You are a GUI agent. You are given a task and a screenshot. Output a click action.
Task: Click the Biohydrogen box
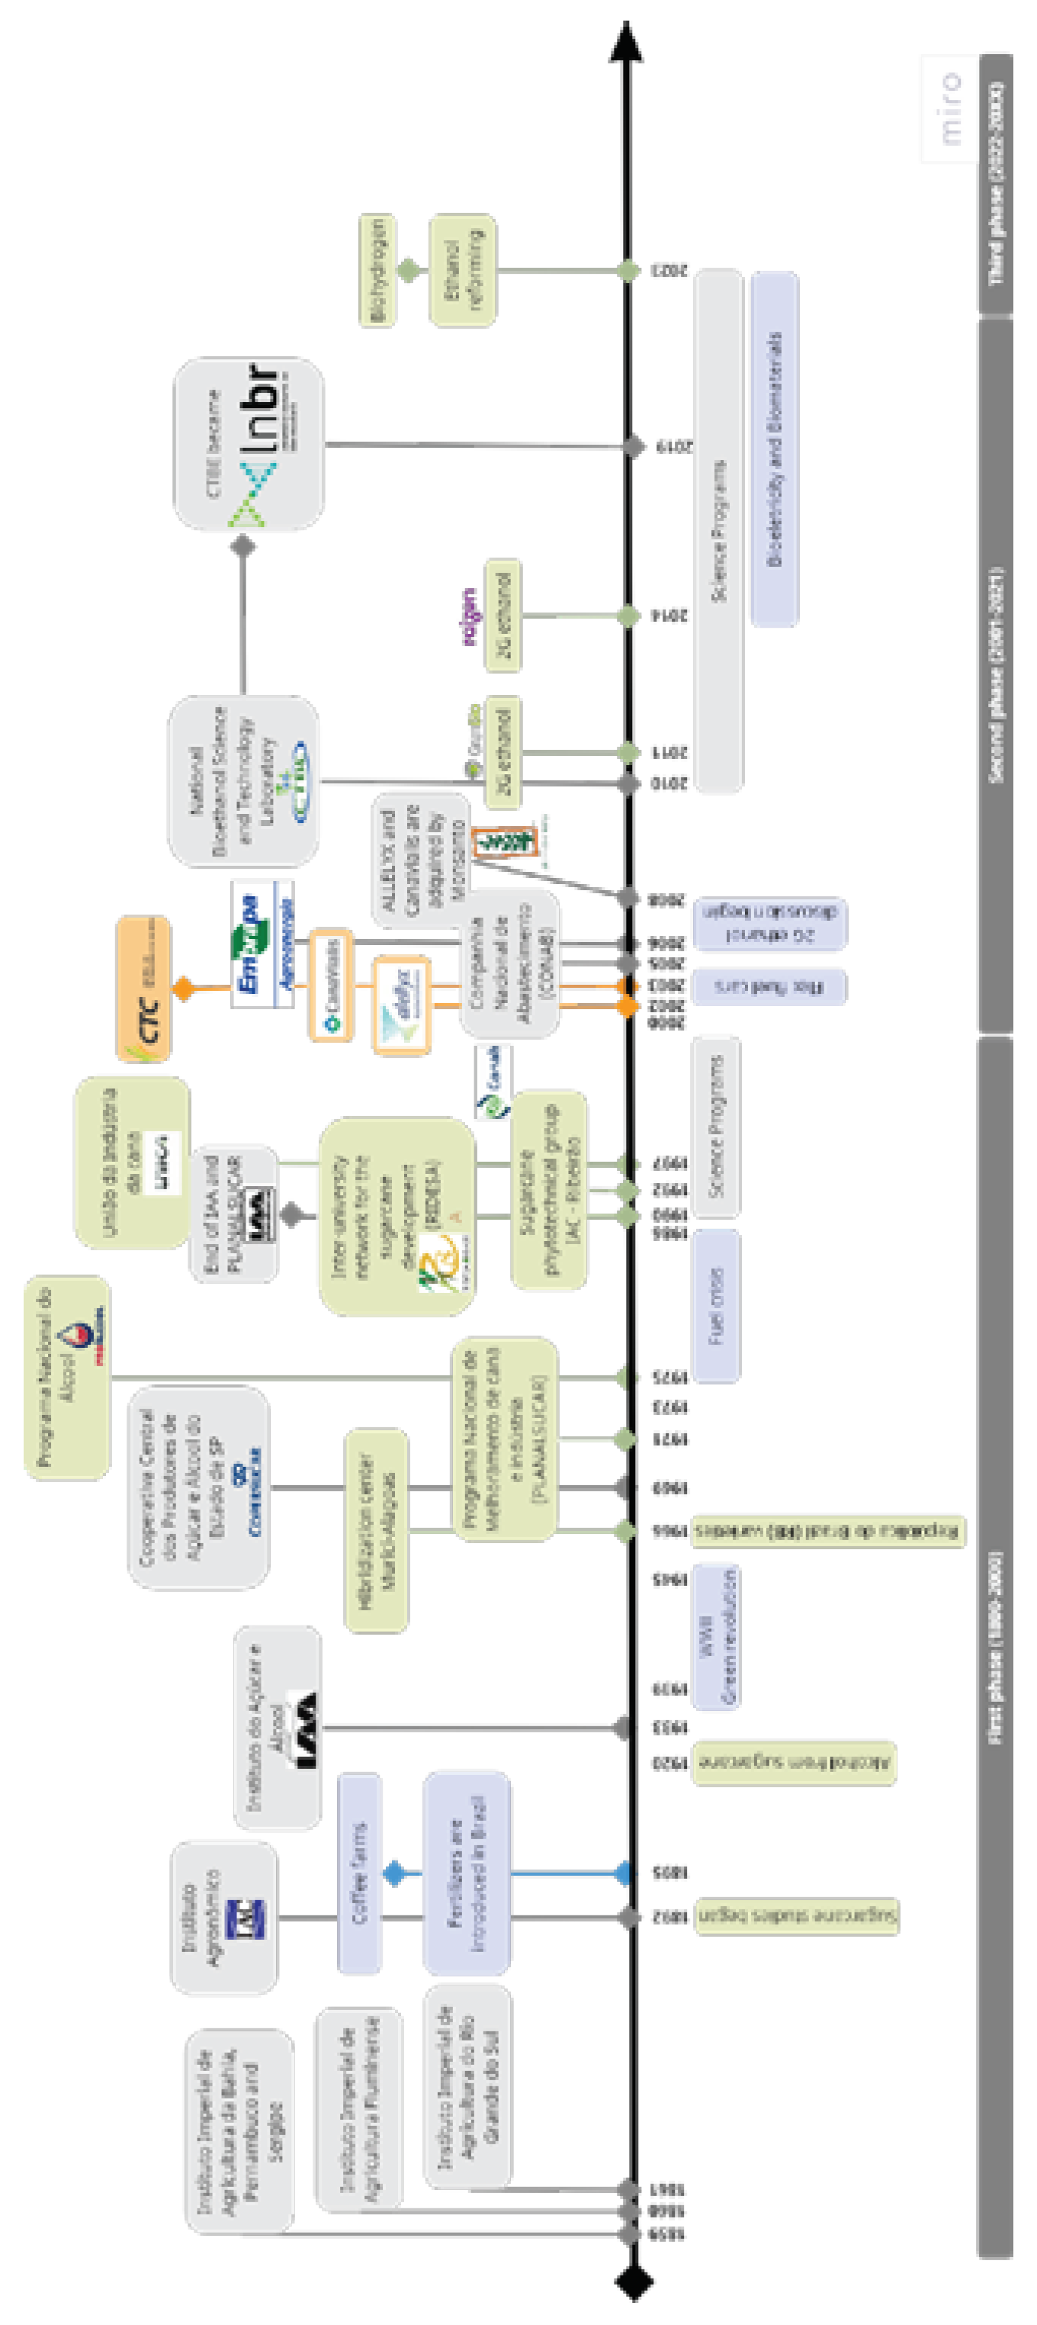(x=377, y=271)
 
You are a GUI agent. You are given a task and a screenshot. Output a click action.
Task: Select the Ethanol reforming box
(x=461, y=271)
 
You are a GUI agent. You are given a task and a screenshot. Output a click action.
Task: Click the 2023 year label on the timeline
(x=669, y=271)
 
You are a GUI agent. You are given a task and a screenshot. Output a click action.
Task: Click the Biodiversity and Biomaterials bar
(x=773, y=449)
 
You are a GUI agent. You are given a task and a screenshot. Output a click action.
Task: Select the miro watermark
(x=949, y=108)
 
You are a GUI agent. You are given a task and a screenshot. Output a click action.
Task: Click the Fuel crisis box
(x=717, y=1306)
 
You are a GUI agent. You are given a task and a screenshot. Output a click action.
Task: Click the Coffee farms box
(x=358, y=1872)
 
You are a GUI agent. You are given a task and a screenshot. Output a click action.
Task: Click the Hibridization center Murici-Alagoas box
(x=377, y=1529)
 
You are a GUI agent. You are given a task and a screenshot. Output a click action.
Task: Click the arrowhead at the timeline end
(x=625, y=41)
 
